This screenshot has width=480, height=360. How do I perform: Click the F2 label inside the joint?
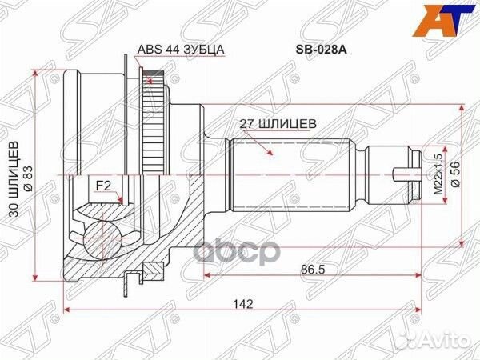103,186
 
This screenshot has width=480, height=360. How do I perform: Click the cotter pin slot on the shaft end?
409,170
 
